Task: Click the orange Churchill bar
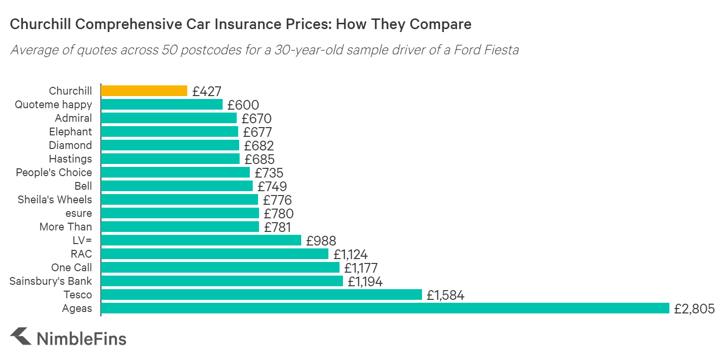click(144, 91)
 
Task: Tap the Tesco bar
click(261, 295)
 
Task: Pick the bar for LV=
click(201, 240)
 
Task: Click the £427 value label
click(207, 91)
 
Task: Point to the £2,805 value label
click(694, 309)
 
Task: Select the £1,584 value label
click(445, 295)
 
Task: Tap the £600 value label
click(243, 105)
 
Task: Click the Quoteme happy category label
click(53, 104)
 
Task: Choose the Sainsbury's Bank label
click(51, 281)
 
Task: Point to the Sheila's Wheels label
click(55, 199)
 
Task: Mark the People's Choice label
click(54, 172)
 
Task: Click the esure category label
click(79, 213)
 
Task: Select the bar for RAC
click(214, 254)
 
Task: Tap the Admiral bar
click(169, 118)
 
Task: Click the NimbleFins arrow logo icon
click(21, 336)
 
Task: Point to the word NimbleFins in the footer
click(81, 338)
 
